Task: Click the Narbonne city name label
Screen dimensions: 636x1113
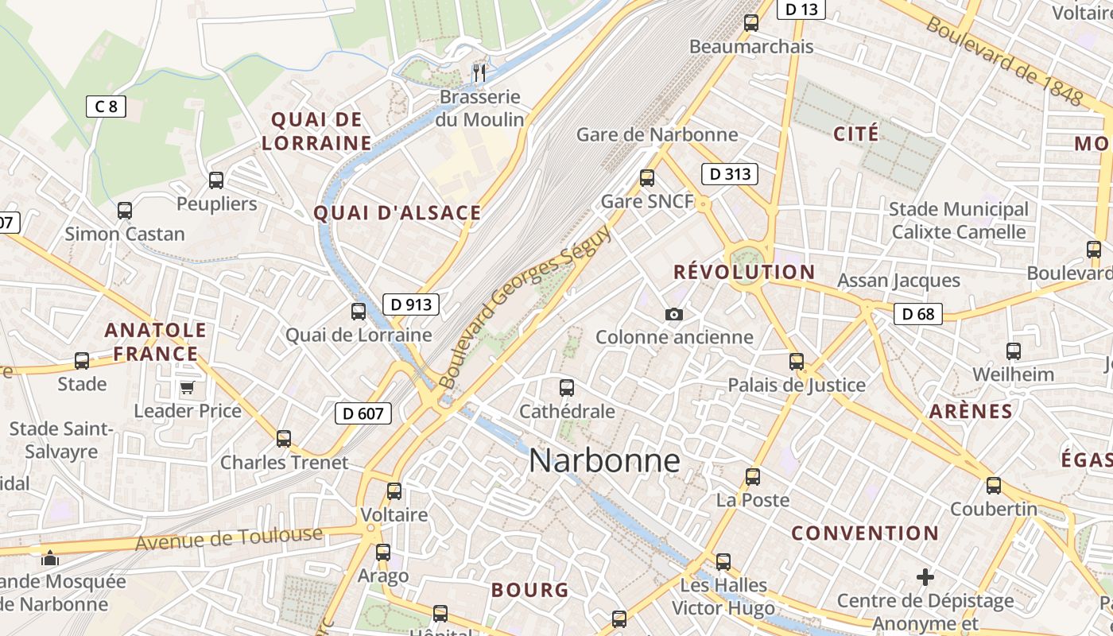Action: [604, 460]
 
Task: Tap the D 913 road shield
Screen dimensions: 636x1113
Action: [411, 304]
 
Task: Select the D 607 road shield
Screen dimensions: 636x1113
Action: [363, 413]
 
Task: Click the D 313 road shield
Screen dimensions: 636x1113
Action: [729, 173]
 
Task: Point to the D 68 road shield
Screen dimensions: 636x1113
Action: [918, 314]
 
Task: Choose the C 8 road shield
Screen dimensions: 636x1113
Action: [106, 107]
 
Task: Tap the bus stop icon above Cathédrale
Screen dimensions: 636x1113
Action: [567, 388]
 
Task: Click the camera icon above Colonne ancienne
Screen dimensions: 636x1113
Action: [674, 314]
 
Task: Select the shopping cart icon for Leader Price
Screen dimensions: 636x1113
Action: [188, 388]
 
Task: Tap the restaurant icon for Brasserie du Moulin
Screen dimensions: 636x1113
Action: [479, 73]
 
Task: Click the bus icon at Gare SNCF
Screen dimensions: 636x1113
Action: [647, 178]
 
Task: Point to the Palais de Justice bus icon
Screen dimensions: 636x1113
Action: [797, 362]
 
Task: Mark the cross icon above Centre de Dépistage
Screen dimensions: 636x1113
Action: [925, 577]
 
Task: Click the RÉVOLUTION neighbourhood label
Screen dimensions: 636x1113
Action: [744, 272]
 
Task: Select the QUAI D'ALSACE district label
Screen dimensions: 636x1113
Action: [397, 213]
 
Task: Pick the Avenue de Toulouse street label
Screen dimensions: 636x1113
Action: [229, 538]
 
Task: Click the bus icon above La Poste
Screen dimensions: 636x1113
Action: [753, 477]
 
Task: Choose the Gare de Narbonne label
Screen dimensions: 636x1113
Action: [657, 134]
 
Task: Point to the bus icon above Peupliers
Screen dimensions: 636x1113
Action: [216, 180]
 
